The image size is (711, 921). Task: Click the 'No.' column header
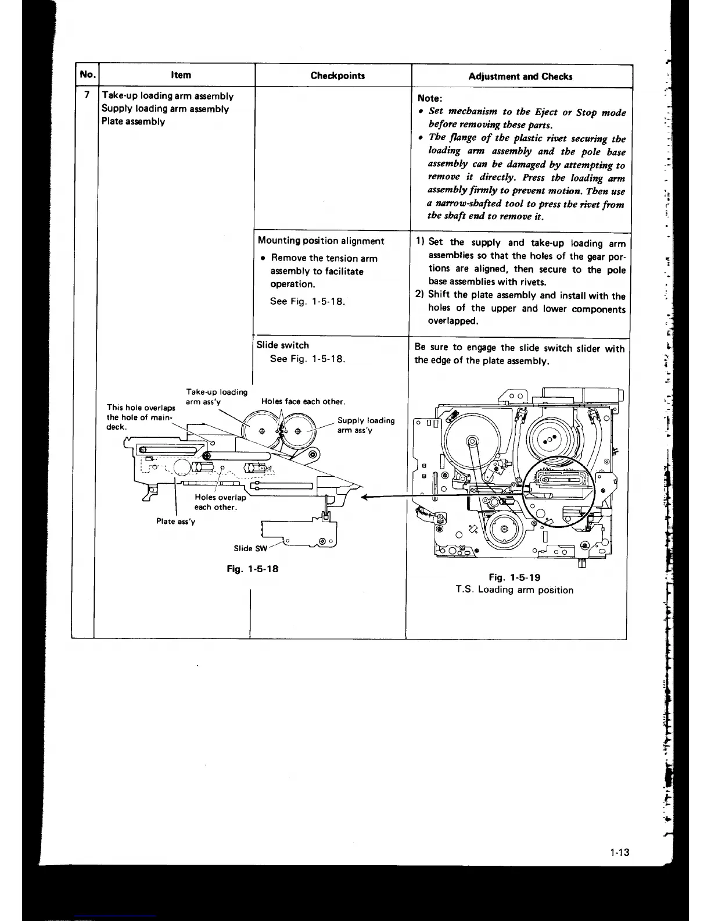pyautogui.click(x=87, y=74)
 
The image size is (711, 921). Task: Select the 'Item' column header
pyautogui.click(x=181, y=75)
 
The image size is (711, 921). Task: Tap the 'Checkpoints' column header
pyautogui.click(x=337, y=76)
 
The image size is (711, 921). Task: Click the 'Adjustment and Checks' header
pyautogui.click(x=520, y=76)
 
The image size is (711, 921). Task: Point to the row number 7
pyautogui.click(x=87, y=95)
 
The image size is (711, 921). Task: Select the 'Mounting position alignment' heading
pyautogui.click(x=321, y=241)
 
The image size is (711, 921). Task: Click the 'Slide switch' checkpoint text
pyautogui.click(x=283, y=345)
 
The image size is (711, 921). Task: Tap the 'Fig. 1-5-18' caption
pyautogui.click(x=252, y=569)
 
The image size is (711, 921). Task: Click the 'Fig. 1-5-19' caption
pyautogui.click(x=514, y=577)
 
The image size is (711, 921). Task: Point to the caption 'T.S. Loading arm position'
pyautogui.click(x=514, y=590)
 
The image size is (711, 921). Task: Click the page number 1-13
pyautogui.click(x=620, y=853)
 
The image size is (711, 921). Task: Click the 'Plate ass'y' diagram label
pyautogui.click(x=175, y=522)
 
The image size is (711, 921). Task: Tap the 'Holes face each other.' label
pyautogui.click(x=303, y=402)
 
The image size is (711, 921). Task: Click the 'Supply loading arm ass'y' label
pyautogui.click(x=365, y=425)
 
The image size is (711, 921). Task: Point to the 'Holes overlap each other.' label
pyautogui.click(x=220, y=502)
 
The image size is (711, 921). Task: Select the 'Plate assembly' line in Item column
pyautogui.click(x=133, y=122)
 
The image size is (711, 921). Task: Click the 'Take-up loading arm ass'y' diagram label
pyautogui.click(x=216, y=397)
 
